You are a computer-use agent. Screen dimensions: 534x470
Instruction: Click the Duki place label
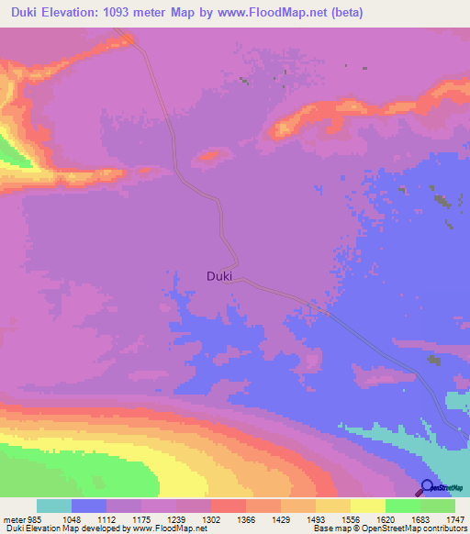tap(219, 274)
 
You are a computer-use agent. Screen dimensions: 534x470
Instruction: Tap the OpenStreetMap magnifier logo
tap(426, 487)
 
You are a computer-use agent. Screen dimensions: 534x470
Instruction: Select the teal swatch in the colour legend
tap(54, 506)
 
